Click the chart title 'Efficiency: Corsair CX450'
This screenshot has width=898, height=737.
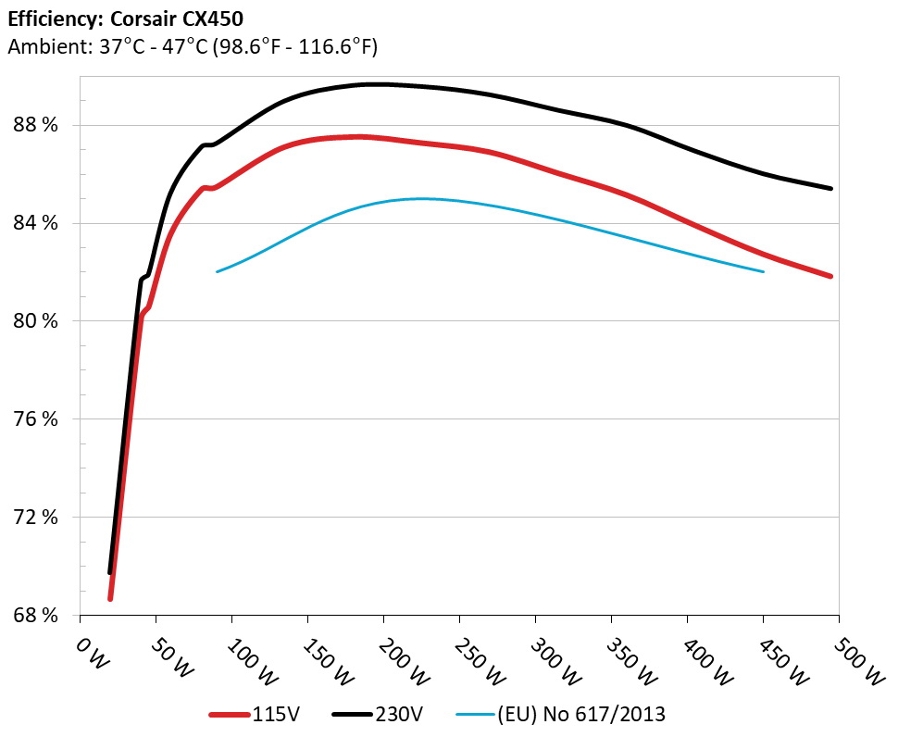click(126, 18)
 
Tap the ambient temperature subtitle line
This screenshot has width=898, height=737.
click(193, 46)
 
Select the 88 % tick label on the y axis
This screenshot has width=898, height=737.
click(34, 125)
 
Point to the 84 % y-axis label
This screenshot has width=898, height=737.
click(34, 223)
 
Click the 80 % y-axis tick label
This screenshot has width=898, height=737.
click(34, 321)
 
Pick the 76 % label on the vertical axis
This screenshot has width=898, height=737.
click(34, 419)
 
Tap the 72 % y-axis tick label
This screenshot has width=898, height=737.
click(34, 518)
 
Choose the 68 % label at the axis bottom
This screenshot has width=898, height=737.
click(34, 616)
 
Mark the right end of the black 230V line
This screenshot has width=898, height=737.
click(830, 189)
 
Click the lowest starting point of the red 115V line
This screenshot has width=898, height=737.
click(110, 598)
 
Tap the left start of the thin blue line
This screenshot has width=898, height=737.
click(217, 271)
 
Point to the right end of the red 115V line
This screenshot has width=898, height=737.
click(830, 276)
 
